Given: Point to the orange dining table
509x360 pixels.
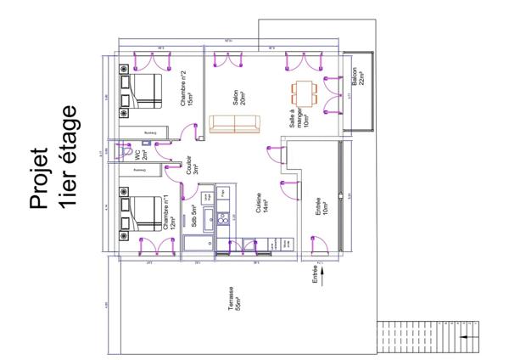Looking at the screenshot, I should coord(304,88).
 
